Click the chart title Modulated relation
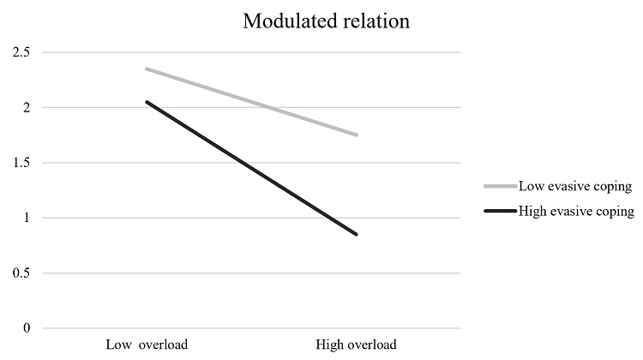(326, 21)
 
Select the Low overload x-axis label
(147, 345)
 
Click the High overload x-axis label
(358, 345)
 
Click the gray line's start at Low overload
(146, 69)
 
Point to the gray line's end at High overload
(357, 135)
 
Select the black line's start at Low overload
(146, 101)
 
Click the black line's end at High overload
(357, 234)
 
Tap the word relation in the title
(378, 21)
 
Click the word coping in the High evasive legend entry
(614, 211)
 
